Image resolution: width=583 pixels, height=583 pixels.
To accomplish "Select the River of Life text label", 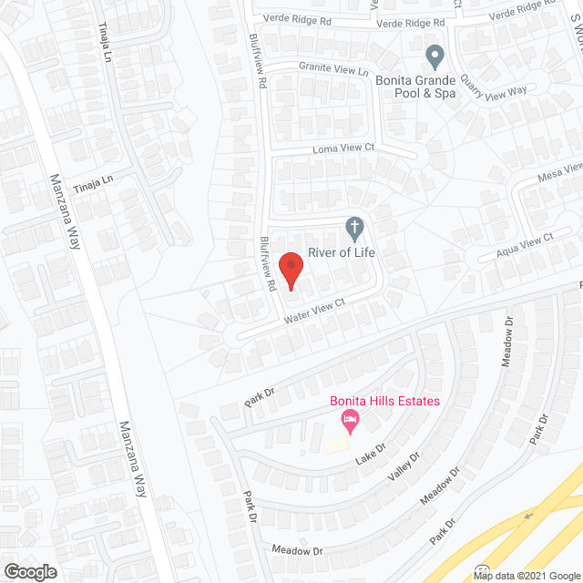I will pos(342,252).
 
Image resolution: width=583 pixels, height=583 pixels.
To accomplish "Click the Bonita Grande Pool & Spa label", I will pos(415,86).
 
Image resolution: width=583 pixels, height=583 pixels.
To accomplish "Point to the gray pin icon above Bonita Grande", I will pos(435,56).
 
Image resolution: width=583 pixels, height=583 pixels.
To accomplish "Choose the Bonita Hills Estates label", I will pos(385,401).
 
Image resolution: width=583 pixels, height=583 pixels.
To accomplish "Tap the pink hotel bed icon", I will pos(349,421).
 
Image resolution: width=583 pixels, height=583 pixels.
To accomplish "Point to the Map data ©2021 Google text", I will pos(527,575).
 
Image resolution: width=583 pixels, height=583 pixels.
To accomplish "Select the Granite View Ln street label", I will pos(334,69).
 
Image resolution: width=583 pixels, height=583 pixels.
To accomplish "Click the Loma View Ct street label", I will pos(344,147).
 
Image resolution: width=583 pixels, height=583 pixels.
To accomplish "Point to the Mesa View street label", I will pos(559,172).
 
